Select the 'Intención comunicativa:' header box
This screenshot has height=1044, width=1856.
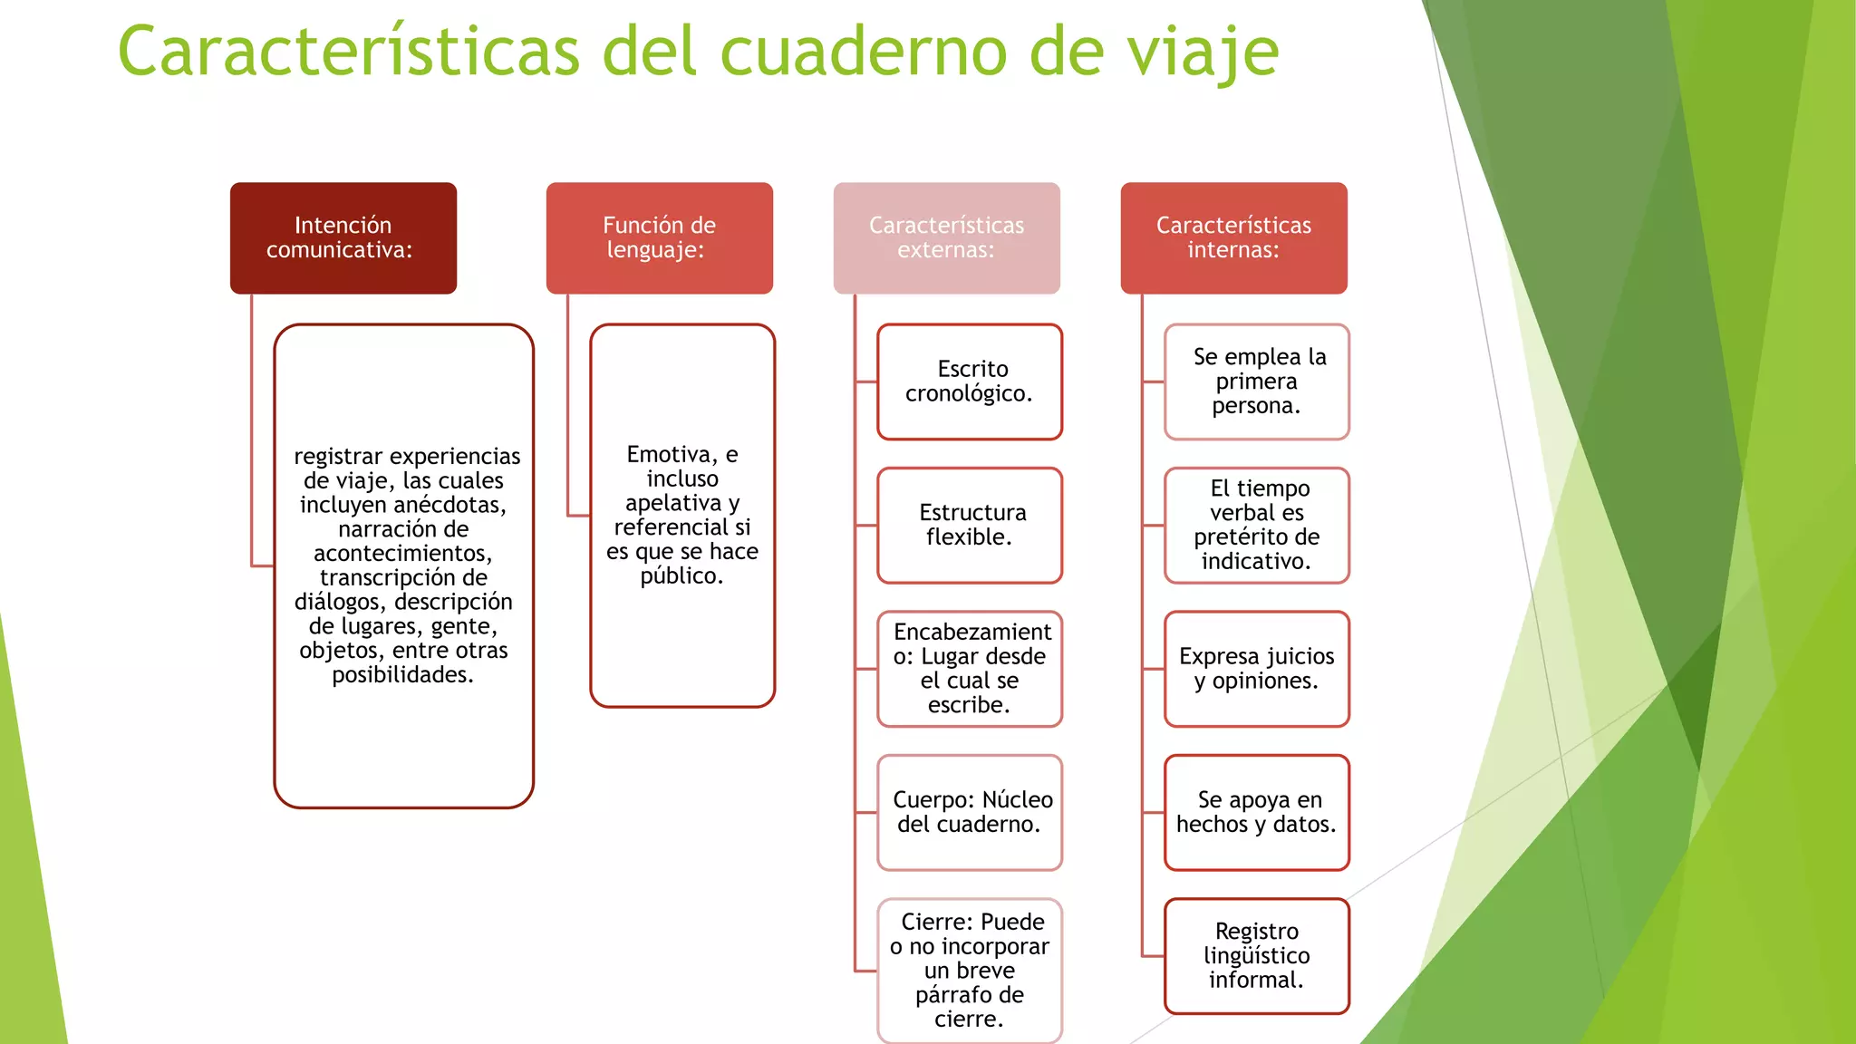click(343, 237)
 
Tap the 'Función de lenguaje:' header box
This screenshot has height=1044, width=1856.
click(659, 237)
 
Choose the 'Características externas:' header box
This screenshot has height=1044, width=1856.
click(946, 237)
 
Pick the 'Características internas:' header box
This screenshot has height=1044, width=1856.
click(1233, 237)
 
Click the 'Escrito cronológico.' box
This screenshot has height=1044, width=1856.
click(970, 382)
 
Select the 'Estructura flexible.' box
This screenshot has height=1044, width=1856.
click(970, 525)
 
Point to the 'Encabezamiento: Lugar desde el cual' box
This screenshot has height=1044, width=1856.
click(970, 669)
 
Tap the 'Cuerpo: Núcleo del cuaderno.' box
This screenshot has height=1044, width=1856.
click(970, 812)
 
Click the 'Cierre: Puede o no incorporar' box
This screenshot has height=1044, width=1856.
click(970, 970)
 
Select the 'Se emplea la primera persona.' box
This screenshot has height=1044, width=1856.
click(1257, 382)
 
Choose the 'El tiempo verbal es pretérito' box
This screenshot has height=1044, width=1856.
click(1257, 525)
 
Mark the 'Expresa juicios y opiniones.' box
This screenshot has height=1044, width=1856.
click(1257, 669)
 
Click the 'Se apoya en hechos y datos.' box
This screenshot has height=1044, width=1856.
click(1257, 812)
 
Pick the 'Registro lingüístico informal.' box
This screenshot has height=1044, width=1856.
click(1257, 956)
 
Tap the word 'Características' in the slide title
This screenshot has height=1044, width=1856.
click(349, 53)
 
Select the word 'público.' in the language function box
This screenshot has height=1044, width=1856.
click(681, 576)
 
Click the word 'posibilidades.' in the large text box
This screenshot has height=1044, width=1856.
click(403, 675)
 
